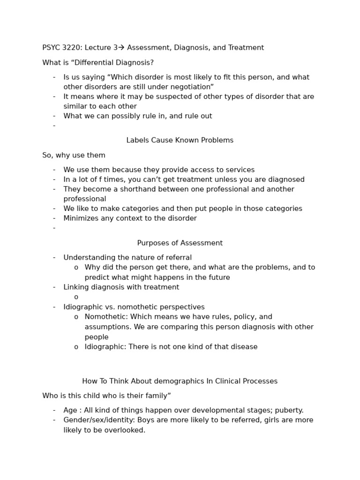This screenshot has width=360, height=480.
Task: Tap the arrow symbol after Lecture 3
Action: (x=121, y=47)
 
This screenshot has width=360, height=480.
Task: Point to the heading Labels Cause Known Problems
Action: (x=180, y=140)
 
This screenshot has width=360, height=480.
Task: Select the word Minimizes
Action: (x=81, y=218)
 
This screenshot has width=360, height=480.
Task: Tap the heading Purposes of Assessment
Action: (x=180, y=243)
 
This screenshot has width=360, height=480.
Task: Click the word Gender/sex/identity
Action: (x=97, y=420)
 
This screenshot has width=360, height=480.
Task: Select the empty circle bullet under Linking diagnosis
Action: (x=76, y=297)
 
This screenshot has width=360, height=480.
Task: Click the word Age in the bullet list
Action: (x=70, y=410)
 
